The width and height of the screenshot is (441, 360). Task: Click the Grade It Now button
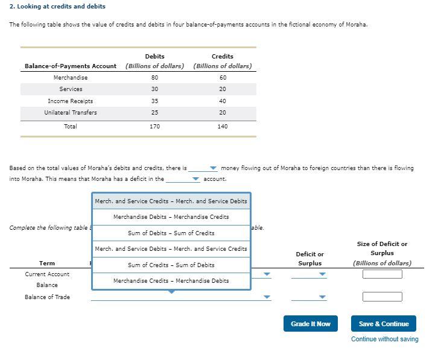310,324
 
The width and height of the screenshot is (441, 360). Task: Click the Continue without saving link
384,339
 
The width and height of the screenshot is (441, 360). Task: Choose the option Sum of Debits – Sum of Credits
171,233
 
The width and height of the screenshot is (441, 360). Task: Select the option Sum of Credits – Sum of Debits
171,265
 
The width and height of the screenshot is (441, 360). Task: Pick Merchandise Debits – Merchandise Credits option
171,217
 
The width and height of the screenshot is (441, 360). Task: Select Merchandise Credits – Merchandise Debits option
171,280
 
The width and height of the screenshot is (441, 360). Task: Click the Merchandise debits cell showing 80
154,78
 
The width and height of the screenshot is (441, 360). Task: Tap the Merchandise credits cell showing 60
223,78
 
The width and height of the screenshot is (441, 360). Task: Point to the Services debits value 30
154,89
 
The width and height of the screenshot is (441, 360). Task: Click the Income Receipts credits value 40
223,101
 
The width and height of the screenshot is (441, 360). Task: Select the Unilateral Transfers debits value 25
154,113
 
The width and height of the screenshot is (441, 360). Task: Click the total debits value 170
154,127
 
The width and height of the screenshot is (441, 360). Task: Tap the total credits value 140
223,127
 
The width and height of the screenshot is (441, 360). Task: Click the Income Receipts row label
71,101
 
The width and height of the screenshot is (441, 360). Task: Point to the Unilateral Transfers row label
71,113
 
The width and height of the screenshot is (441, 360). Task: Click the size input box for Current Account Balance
382,274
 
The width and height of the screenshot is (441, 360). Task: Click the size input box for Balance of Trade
382,297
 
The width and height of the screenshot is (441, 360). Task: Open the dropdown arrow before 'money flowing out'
213,168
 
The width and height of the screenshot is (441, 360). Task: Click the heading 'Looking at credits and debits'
57,6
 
